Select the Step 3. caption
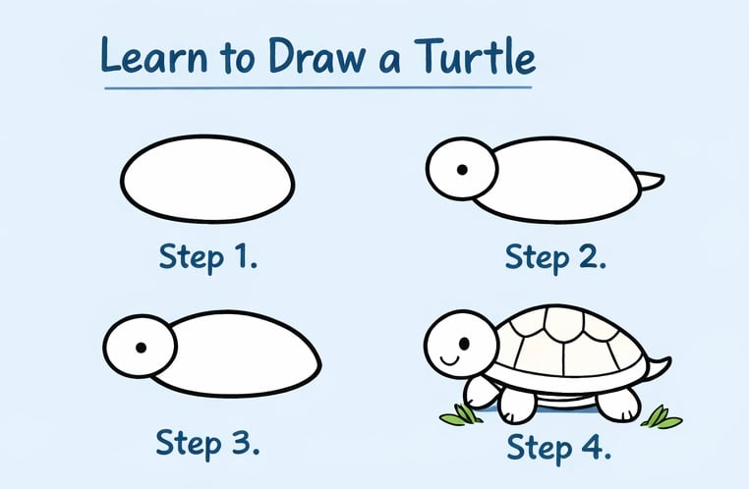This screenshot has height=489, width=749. pyautogui.click(x=208, y=442)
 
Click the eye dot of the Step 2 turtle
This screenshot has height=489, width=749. pyautogui.click(x=460, y=170)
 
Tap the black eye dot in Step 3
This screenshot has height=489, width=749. pyautogui.click(x=142, y=348)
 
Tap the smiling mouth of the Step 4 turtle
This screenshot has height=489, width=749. pyautogui.click(x=449, y=359)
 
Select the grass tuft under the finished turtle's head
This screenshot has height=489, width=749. pyautogui.click(x=459, y=415)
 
